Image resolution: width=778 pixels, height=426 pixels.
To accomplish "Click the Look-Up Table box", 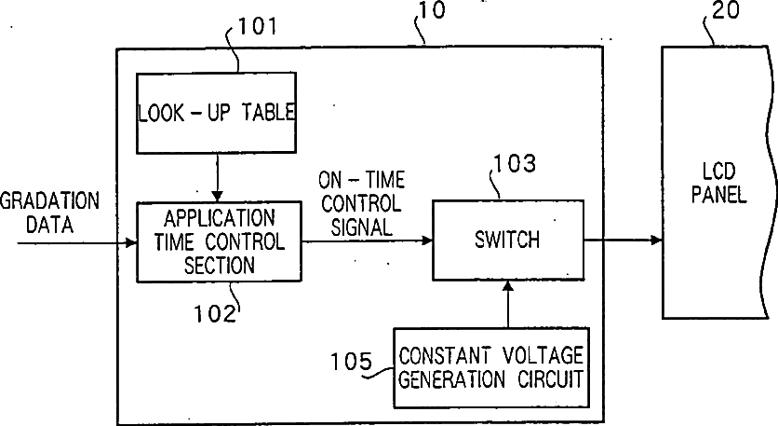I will pyautogui.click(x=216, y=112).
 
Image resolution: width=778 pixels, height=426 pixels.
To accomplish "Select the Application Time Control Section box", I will pyautogui.click(x=219, y=241).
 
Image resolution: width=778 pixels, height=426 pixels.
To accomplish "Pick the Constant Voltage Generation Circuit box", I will pyautogui.click(x=490, y=367).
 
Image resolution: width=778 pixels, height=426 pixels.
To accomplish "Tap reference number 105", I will pyautogui.click(x=351, y=362).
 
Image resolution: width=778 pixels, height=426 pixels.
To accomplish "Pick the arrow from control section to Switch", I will pyautogui.click(x=367, y=240).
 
